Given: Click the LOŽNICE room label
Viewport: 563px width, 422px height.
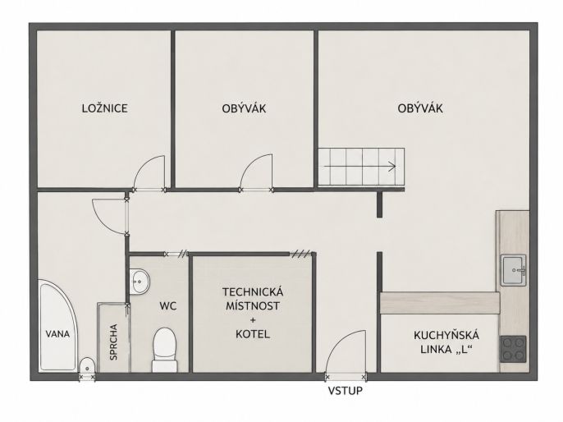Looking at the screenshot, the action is pos(104,108).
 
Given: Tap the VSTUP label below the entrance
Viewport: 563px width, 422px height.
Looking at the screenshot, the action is pos(345,391).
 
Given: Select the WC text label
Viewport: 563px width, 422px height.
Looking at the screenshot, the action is pos(168,306).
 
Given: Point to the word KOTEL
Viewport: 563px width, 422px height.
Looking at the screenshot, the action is pos(253,334).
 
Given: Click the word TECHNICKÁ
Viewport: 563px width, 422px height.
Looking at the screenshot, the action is pos(253,291).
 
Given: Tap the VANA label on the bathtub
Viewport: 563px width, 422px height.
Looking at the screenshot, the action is pos(57,334).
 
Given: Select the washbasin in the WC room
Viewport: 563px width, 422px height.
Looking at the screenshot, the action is pos(139,282).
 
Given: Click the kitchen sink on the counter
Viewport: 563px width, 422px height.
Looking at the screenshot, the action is pos(514,270).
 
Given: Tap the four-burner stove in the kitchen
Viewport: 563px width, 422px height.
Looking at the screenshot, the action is pos(513,349).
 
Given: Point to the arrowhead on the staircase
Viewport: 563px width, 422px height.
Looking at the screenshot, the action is pos(392,167).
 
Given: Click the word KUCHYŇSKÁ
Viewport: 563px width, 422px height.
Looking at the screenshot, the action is pos(446,335).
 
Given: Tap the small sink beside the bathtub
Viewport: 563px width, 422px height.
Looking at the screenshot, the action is pos(86,365).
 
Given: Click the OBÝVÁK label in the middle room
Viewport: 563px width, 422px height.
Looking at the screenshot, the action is pos(244,108).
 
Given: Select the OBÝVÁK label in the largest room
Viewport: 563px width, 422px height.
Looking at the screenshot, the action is pos(420,108).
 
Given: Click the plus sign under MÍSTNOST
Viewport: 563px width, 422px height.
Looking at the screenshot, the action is pos(253,320).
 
